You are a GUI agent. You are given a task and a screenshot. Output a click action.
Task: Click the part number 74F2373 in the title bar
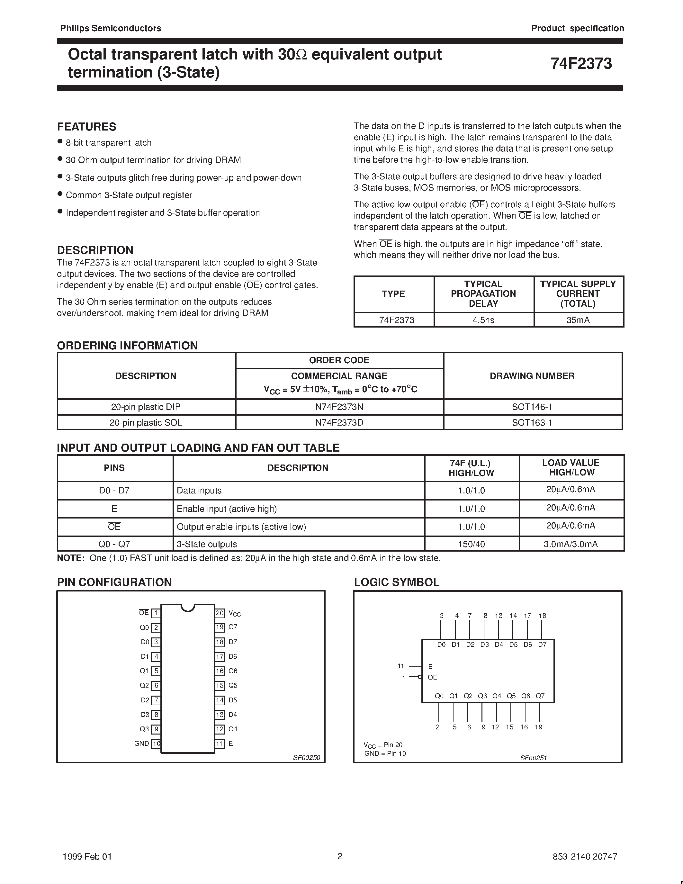point(581,64)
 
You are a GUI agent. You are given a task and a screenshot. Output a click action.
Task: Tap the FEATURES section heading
point(86,127)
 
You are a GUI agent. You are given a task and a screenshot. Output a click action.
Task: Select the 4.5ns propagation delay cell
point(483,320)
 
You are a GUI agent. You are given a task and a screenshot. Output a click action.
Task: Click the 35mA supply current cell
point(578,320)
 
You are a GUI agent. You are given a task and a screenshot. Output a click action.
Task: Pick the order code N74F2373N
point(339,407)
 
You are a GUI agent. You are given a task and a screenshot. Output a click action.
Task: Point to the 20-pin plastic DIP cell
point(146,407)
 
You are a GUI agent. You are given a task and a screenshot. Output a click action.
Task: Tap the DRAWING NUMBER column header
point(532,375)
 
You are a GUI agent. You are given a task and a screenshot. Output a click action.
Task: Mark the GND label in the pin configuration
point(142,744)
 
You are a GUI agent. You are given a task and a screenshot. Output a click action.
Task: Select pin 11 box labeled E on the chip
point(220,744)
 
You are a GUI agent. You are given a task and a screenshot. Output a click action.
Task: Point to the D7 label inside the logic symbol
point(542,645)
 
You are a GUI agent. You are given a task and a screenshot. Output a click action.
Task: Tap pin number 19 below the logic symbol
point(539,727)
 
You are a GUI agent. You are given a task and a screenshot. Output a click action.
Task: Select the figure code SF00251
point(533,758)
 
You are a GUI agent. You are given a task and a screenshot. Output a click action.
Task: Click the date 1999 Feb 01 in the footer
point(87,856)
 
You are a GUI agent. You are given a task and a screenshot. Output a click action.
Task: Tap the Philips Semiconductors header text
point(111,28)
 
